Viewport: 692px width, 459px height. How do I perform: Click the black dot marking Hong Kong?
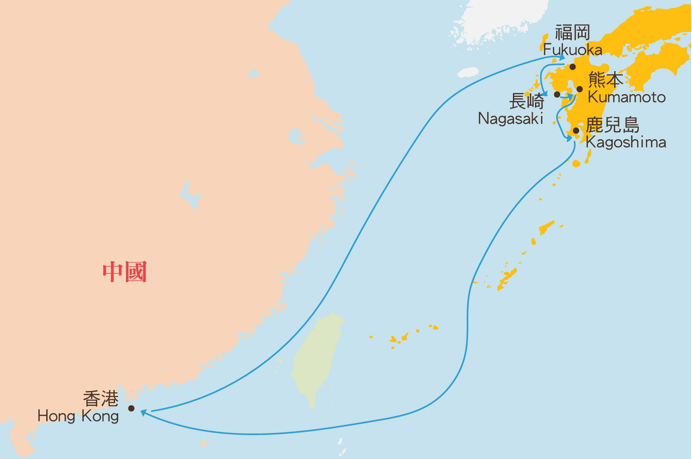131,408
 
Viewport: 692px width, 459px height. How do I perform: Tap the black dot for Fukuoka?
573,67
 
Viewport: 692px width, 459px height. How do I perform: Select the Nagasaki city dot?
557,94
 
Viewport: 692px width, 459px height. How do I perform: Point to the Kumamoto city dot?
580,89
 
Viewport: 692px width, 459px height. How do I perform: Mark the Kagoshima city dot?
576,131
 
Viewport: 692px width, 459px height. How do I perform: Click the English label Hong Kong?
78,416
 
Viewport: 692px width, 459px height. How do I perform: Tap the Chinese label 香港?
101,398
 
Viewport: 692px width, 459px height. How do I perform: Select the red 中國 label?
125,272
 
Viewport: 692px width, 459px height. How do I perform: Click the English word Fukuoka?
573,50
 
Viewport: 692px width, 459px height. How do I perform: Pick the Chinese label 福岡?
573,32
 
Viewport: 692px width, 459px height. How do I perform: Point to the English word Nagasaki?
510,118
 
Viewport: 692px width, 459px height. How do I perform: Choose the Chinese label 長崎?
526,102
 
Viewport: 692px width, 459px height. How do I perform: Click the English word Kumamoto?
627,97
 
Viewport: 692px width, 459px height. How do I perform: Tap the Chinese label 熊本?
605,80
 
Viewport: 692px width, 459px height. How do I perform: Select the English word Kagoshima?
626,142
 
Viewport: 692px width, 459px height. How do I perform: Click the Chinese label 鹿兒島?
612,125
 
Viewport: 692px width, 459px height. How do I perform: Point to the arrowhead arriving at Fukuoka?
562,57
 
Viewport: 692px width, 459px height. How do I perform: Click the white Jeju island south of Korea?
468,72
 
